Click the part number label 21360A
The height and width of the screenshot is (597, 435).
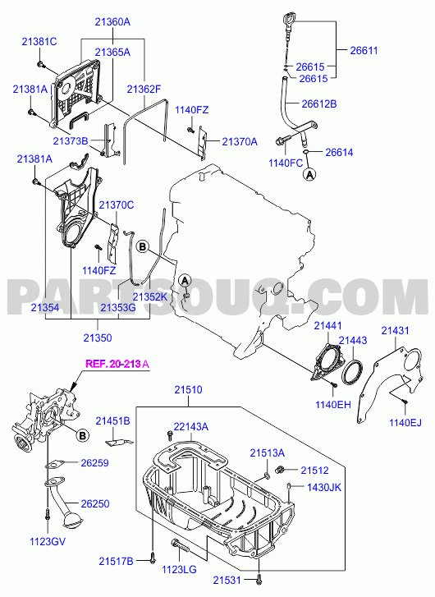pyautogui.click(x=112, y=22)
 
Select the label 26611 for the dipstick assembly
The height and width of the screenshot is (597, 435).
pyautogui.click(x=364, y=51)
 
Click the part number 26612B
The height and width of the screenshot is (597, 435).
pyautogui.click(x=319, y=104)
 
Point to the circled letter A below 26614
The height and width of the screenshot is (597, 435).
pyautogui.click(x=309, y=174)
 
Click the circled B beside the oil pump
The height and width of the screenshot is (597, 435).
pyautogui.click(x=82, y=435)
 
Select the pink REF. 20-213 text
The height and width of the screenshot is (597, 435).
pyautogui.click(x=113, y=364)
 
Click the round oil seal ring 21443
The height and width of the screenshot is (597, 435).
pyautogui.click(x=352, y=372)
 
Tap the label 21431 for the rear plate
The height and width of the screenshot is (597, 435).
pyautogui.click(x=395, y=330)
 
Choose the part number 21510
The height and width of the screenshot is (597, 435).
pyautogui.click(x=189, y=390)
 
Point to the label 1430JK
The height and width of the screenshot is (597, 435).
pyautogui.click(x=324, y=487)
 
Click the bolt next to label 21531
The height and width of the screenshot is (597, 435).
pyautogui.click(x=259, y=579)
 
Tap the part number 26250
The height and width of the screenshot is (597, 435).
pyautogui.click(x=94, y=503)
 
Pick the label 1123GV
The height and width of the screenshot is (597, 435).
pyautogui.click(x=48, y=541)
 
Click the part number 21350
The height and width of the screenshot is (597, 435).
pyautogui.click(x=98, y=338)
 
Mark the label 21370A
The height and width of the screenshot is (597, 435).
pyautogui.click(x=240, y=142)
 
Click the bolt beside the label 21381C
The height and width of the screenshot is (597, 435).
pyautogui.click(x=40, y=65)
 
